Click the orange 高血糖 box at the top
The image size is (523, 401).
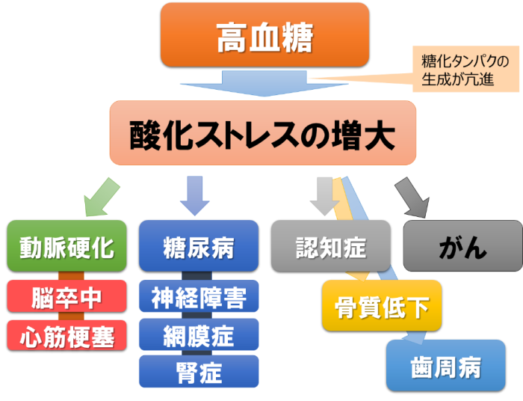pos(264,34)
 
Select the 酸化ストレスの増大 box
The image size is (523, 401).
pos(262,133)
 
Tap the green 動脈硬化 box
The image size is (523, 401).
pos(66,246)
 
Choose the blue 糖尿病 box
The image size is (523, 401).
pos(198,246)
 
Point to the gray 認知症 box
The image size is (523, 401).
pos(329,246)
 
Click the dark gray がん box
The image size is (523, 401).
pos(462,246)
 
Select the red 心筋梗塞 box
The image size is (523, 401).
pos(66,335)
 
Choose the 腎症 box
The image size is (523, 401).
pos(198,371)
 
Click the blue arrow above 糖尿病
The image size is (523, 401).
pos(195,196)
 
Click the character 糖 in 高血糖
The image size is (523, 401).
pos(296,35)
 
